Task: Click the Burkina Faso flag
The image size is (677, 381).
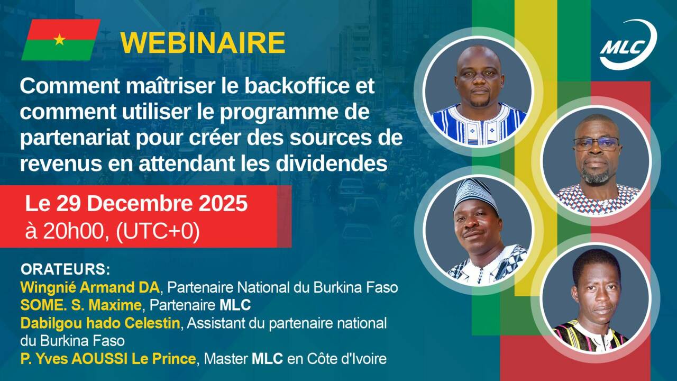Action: point(61,40)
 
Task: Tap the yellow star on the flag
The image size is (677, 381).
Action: point(60,39)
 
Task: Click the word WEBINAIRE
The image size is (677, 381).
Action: point(203,43)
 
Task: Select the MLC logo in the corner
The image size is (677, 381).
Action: point(628,46)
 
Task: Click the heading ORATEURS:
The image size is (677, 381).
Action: point(65,269)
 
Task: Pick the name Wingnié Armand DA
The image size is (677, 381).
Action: point(90,288)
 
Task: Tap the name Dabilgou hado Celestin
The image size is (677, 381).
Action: point(100,323)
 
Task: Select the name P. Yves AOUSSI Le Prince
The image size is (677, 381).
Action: point(108,359)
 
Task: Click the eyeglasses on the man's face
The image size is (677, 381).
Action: point(596,143)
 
